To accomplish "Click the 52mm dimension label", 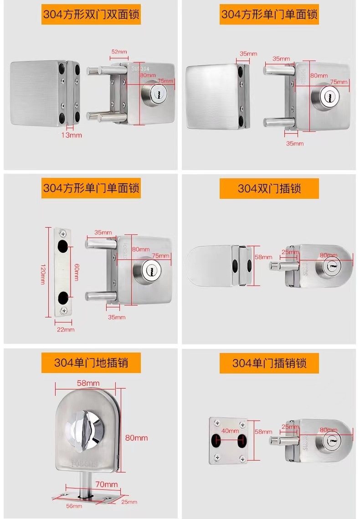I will click(119, 52).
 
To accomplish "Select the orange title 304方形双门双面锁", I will click(91, 15).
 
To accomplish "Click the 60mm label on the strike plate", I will click(76, 272).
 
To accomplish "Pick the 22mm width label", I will click(65, 329).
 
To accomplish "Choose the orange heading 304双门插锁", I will click(269, 188).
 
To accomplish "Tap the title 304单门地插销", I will click(91, 363).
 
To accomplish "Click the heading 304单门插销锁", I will click(269, 363).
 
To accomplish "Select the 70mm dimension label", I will click(107, 484).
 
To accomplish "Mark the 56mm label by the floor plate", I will click(74, 506).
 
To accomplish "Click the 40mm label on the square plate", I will click(230, 431).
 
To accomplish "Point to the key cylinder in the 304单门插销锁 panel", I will click(331, 441).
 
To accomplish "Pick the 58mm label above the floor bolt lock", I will click(87, 383).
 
